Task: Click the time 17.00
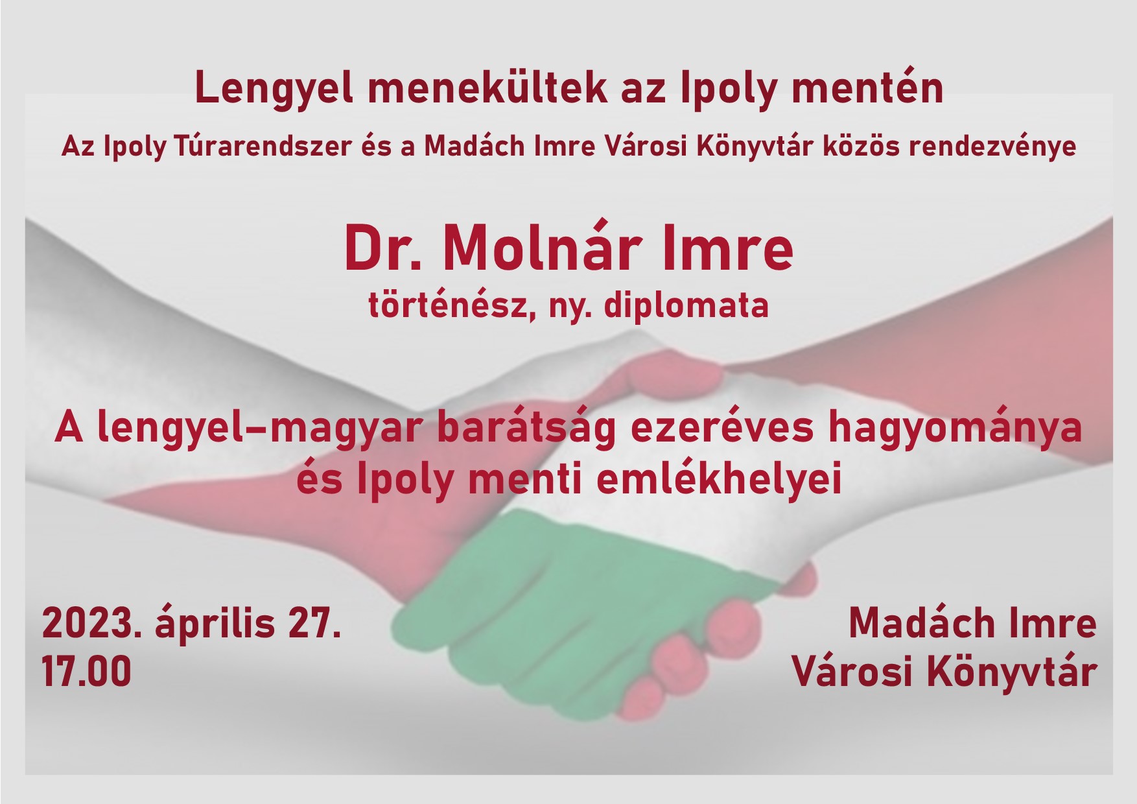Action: click(x=87, y=671)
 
